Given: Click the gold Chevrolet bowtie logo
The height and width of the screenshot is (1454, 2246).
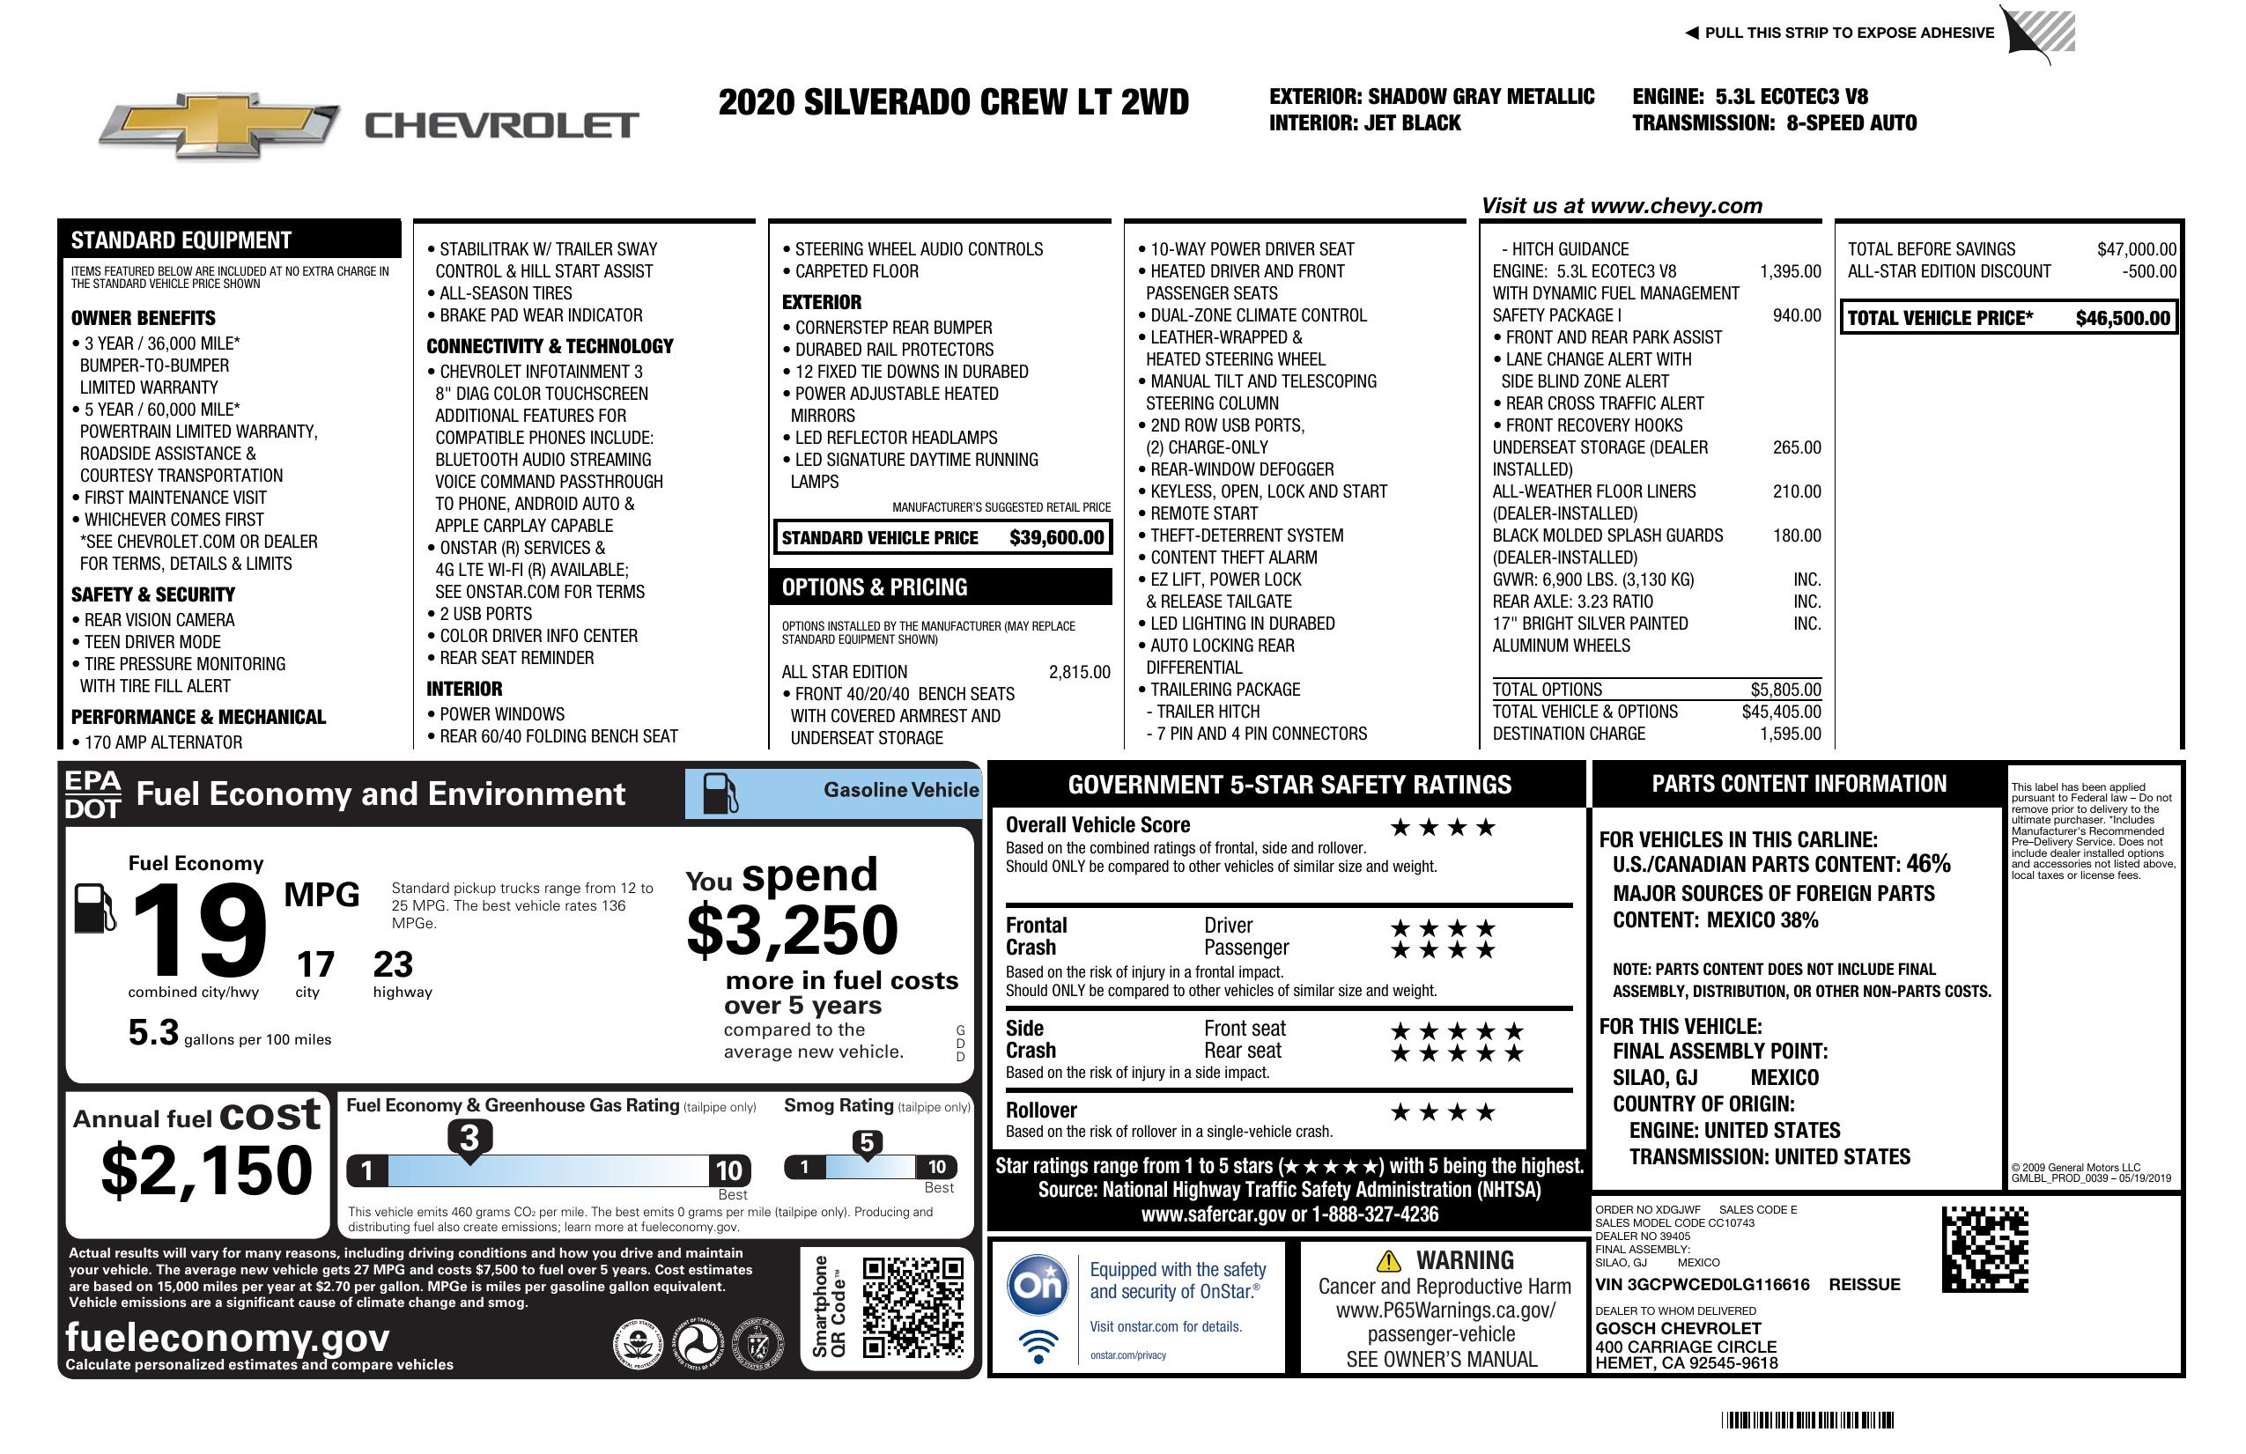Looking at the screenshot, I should coord(219,124).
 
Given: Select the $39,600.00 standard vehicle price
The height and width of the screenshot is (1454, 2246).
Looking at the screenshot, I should coord(1056,538).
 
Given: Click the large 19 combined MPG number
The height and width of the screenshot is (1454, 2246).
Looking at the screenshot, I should coord(200,929).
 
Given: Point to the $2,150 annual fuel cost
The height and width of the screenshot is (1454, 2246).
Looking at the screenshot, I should coord(206,1170).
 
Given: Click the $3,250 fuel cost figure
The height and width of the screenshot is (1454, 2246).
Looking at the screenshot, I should coord(792,930).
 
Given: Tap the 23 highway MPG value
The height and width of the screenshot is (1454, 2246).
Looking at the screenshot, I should coord(393,964).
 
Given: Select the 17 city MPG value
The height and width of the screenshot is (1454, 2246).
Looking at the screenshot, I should coord(315,964).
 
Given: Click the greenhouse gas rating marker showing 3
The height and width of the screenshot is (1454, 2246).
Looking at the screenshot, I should coord(469,1138).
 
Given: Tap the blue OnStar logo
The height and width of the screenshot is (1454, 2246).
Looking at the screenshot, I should coord(1038,1285).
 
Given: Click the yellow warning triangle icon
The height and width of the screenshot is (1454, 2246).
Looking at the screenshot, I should coord(1388,1260).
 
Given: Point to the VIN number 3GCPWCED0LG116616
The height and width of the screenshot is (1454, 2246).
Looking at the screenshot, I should coord(1702,1284).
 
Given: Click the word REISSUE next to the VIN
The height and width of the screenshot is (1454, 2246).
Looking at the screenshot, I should coord(1864,1284).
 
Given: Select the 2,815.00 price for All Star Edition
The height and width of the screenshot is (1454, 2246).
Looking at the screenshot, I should coord(1079,672).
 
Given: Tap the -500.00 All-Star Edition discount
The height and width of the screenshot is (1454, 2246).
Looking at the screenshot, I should coord(2149,270).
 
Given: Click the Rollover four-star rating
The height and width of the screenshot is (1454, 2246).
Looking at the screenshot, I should coord(1443,1112).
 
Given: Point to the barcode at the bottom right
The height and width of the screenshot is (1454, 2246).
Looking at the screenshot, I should coord(1807,1420).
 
